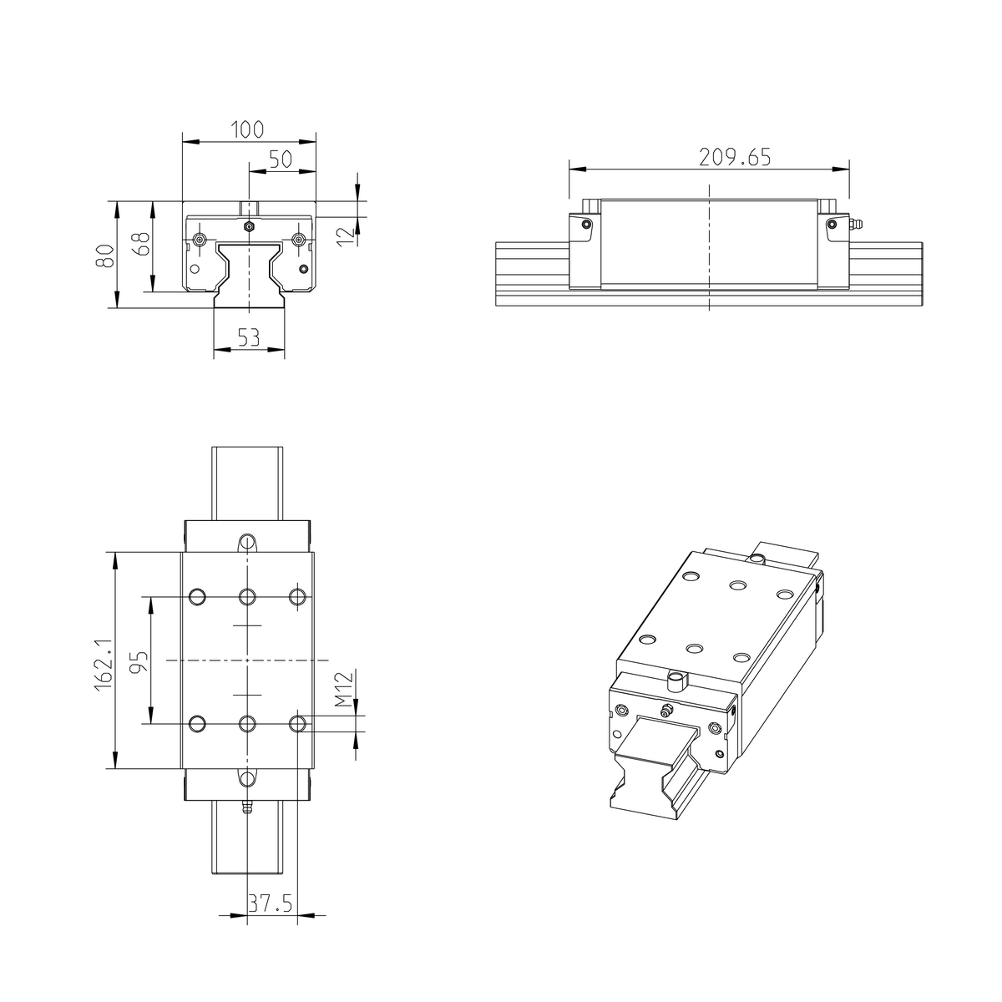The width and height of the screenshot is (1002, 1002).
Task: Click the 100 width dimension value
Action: (248, 129)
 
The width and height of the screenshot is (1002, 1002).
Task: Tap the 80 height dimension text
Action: (104, 255)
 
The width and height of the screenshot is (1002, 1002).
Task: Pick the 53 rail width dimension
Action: (248, 337)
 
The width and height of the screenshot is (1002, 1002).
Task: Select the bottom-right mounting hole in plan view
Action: (297, 723)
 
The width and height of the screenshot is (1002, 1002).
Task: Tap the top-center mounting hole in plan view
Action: (247, 596)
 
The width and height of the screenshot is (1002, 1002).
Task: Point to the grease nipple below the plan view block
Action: (247, 808)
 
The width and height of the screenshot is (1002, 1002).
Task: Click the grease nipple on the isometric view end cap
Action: (665, 711)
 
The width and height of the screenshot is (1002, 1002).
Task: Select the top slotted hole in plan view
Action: (247, 543)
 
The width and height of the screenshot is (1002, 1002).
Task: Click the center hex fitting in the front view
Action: (248, 226)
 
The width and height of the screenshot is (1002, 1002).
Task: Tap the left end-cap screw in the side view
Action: (586, 224)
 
